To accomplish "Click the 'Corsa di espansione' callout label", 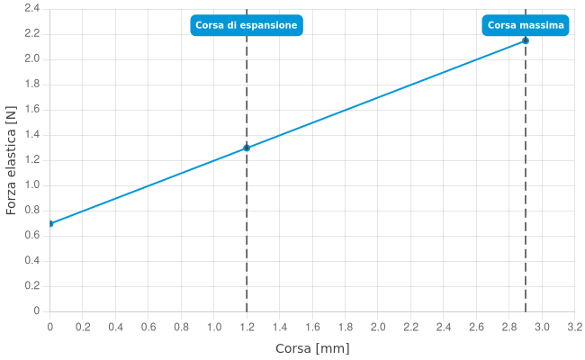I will click(247, 25).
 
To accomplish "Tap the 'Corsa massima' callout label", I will click(526, 25).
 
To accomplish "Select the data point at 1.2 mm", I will click(247, 148).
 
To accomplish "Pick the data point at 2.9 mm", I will click(526, 40).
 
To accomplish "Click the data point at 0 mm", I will click(50, 223).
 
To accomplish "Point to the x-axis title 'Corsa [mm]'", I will click(312, 348).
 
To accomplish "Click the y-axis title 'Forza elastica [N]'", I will click(11, 159).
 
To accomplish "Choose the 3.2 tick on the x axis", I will click(575, 326).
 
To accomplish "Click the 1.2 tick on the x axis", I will click(247, 326).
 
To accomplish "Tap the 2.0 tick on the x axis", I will click(378, 326).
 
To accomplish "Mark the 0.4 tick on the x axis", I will click(116, 326).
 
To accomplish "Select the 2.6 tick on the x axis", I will click(477, 326).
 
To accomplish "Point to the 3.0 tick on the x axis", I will click(543, 326).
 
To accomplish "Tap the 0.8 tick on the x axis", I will click(182, 326).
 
